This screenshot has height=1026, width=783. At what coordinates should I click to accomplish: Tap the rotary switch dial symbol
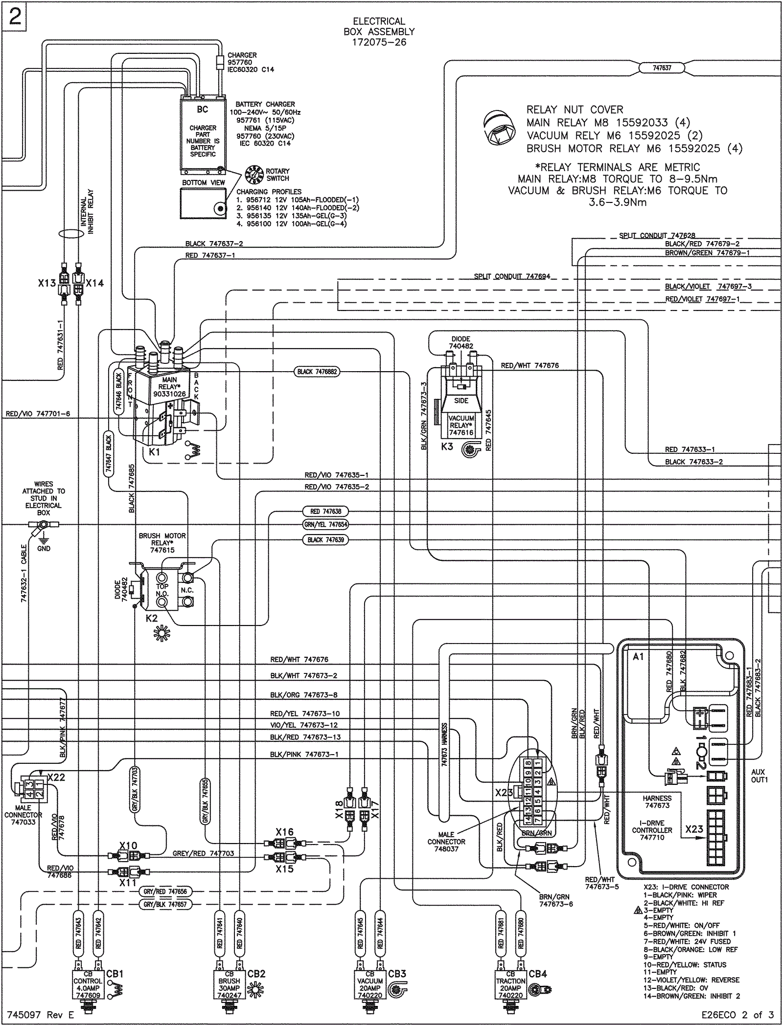point(254,175)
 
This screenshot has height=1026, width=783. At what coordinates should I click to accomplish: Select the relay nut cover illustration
point(497,129)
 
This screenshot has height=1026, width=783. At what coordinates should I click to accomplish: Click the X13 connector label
point(47,283)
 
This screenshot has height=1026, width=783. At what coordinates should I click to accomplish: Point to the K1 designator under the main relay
point(155,452)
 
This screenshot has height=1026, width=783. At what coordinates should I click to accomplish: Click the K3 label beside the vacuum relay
point(447,446)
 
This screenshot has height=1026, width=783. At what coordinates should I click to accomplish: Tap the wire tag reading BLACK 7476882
point(317,372)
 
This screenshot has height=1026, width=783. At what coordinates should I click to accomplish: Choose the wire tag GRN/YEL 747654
point(325,524)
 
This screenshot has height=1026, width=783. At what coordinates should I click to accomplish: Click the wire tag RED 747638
point(325,512)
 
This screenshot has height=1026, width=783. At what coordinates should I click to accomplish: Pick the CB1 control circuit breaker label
point(115,974)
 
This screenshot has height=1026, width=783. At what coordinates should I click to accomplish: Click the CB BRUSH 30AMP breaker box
point(229,984)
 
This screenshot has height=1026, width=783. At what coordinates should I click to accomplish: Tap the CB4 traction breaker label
point(538,974)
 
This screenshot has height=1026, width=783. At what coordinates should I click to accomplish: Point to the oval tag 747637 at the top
point(662,68)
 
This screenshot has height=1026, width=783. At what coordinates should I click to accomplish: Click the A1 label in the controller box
point(638,656)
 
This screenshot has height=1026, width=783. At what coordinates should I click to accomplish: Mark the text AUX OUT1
point(759,776)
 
